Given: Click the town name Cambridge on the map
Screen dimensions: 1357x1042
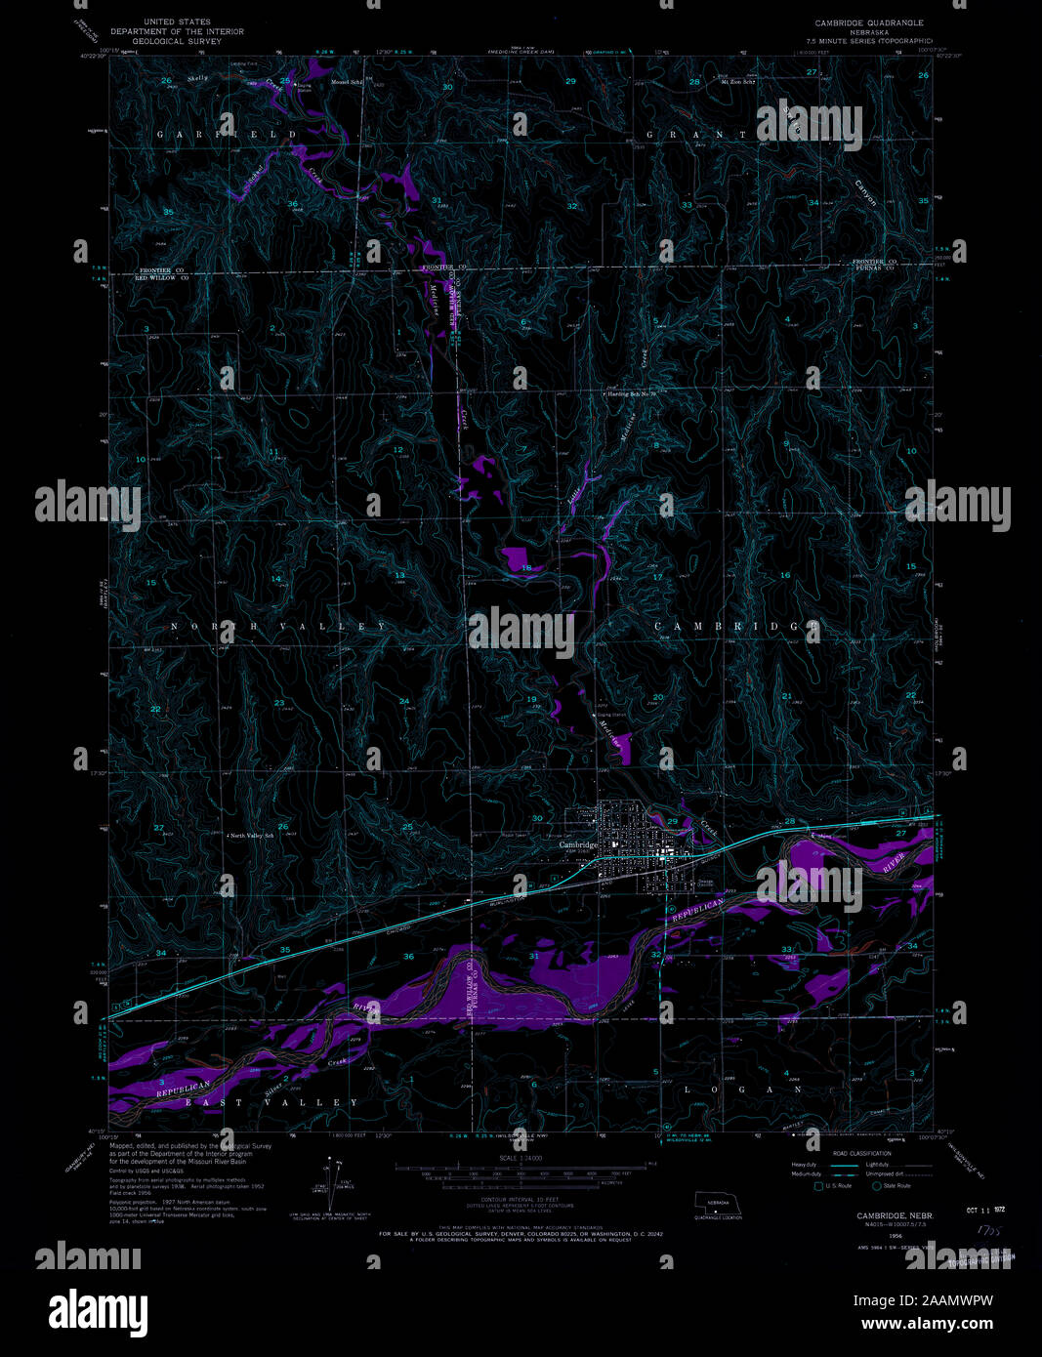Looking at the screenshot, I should pos(578,844).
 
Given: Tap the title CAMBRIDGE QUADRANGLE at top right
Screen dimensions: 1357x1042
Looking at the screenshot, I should pos(869,21).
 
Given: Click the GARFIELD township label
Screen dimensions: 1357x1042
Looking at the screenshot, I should pos(228,134).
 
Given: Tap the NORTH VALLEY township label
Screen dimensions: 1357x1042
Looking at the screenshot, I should pos(279,626).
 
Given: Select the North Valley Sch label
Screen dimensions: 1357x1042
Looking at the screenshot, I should pos(251,837).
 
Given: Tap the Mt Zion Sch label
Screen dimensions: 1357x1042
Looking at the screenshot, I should pos(739,82).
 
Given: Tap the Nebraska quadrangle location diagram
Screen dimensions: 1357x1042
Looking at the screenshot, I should pos(718,1207).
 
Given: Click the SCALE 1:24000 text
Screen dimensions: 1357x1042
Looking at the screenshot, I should pos(520,1158).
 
